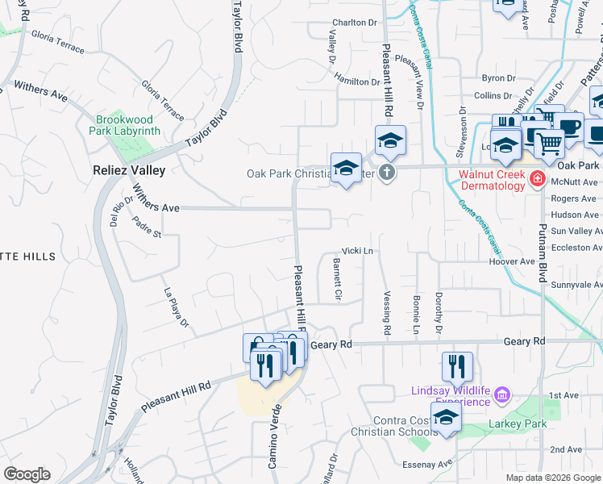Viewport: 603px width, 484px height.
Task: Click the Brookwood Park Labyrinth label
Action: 128,124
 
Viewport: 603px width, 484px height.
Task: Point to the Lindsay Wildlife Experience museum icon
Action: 502,394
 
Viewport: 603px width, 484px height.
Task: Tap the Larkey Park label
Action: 517,423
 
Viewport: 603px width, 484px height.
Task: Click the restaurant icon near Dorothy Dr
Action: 457,366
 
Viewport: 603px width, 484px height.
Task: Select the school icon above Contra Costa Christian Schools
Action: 445,417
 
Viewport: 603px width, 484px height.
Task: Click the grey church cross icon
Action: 387,172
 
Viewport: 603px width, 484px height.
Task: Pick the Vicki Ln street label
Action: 358,251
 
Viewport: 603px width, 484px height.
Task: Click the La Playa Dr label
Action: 175,308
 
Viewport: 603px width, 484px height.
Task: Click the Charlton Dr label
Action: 355,23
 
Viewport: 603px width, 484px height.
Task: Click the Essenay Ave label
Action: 434,465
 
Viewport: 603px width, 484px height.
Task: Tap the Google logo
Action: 27,474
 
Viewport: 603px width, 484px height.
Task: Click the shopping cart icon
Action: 549,144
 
